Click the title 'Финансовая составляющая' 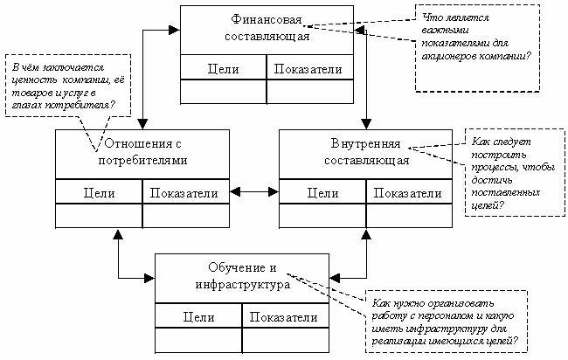(x=267, y=27)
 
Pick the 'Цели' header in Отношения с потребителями (x=99, y=192)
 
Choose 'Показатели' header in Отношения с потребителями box (x=185, y=192)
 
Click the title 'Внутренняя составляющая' (x=365, y=151)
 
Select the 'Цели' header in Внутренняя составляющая (x=322, y=192)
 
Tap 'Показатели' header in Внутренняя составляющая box (x=409, y=192)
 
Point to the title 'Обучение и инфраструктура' (x=242, y=276)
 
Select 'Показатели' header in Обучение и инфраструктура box (x=285, y=318)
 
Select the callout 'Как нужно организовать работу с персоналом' (x=446, y=317)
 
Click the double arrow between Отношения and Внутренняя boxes (x=253, y=191)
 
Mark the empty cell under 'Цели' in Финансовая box (x=223, y=91)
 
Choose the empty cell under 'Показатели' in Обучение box (x=285, y=338)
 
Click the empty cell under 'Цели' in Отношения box (x=99, y=215)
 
